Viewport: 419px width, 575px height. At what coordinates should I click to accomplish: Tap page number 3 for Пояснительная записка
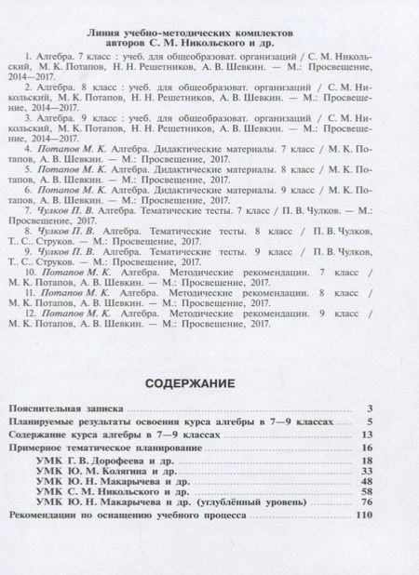click(370, 408)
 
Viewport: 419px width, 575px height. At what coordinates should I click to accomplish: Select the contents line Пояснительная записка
click(65, 408)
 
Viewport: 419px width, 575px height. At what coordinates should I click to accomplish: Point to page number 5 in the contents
click(370, 421)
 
